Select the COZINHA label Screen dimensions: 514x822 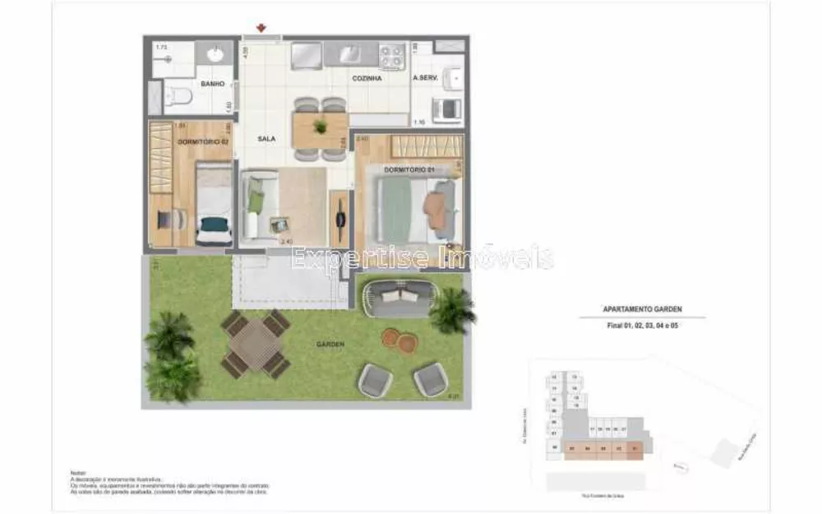click(x=367, y=79)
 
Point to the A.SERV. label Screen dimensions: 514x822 click(x=426, y=79)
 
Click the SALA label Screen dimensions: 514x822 click(x=266, y=139)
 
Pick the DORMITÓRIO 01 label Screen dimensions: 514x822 click(x=409, y=169)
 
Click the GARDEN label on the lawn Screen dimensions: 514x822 click(x=329, y=345)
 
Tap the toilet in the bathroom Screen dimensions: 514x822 click(x=178, y=99)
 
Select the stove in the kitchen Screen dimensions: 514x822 click(x=392, y=56)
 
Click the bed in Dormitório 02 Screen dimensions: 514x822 click(x=214, y=202)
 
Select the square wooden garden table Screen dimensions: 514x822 click(x=256, y=343)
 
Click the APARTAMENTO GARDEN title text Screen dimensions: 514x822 click(x=631, y=310)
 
